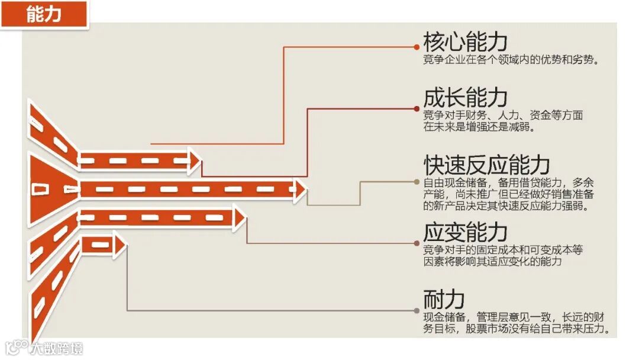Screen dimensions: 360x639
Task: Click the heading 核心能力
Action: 465,42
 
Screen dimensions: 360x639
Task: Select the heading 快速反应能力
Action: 486,165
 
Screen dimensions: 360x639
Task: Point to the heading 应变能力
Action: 465,232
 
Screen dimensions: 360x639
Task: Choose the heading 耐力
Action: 443,300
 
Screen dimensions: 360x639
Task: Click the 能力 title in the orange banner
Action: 44,14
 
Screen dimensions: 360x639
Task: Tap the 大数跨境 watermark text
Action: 57,348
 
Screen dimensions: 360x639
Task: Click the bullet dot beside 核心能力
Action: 417,46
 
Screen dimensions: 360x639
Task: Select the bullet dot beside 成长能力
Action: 417,108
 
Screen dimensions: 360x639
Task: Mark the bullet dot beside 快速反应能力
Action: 417,182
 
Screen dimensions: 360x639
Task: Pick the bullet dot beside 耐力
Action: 417,310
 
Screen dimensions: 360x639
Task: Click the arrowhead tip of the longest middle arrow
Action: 301,189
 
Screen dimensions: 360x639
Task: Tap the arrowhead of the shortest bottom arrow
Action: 120,244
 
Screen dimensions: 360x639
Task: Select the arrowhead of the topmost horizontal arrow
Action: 195,160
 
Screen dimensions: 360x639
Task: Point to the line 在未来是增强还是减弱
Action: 479,127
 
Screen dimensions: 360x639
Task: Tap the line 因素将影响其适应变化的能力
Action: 492,261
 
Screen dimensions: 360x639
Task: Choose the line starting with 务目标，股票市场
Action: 516,329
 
